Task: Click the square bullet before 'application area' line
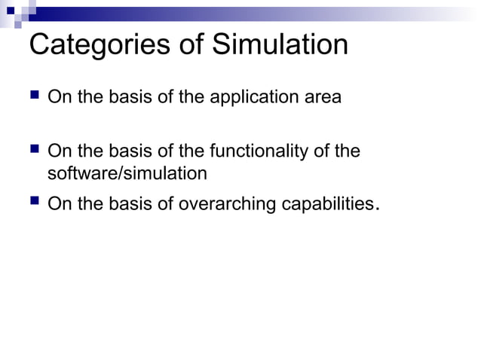point(35,97)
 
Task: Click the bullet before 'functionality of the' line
point(35,151)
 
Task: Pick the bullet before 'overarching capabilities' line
point(35,203)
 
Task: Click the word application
point(260,98)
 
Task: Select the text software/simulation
point(127,173)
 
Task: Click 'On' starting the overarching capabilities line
point(57,203)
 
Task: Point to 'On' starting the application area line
point(57,98)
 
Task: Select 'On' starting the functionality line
point(57,152)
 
